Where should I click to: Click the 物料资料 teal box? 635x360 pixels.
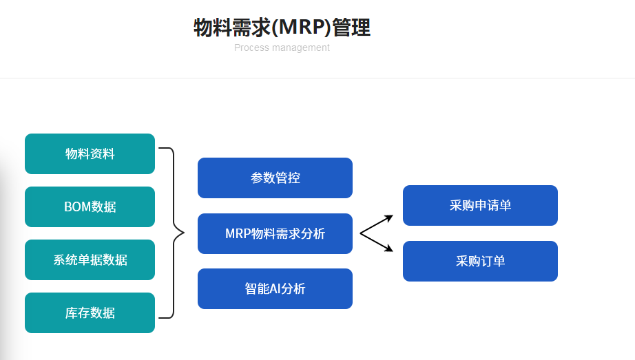pos(90,153)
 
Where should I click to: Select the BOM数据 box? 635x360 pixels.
pos(90,207)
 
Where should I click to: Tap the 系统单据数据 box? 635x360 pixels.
pos(90,260)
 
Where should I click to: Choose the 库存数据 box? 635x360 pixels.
pos(90,313)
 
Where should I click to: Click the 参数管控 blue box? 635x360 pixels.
pos(275,178)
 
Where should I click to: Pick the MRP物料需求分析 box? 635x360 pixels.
pos(275,233)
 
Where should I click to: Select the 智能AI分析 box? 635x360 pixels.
pos(275,288)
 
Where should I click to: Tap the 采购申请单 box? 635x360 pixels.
pos(480,205)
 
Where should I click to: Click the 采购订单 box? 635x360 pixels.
pos(480,261)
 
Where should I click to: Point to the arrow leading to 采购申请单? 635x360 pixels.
pos(377,224)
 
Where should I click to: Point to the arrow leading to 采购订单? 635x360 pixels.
pos(377,243)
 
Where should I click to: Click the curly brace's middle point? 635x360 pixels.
pos(181,233)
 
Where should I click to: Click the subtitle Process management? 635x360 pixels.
pos(282,47)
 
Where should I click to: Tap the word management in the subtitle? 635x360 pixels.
pos(301,47)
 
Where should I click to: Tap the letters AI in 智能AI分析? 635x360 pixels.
pos(271,288)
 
